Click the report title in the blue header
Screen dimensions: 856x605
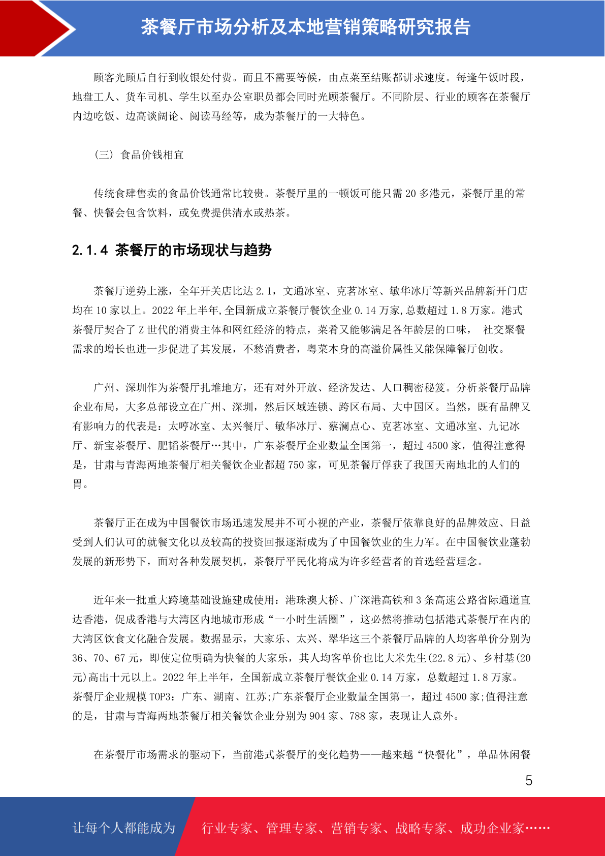coord(305,27)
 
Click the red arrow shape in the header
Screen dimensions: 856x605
coord(36,28)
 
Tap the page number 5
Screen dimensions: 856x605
coord(529,781)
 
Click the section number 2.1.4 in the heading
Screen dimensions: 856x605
coord(90,250)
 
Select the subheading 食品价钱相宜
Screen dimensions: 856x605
coord(152,155)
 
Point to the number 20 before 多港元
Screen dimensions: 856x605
coord(410,194)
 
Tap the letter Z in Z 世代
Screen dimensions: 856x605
coord(142,330)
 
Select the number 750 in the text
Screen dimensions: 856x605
coord(296,465)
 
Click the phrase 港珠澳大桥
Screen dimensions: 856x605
coord(312,600)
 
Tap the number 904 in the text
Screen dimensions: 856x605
coord(317,716)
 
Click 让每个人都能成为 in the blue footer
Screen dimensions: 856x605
coord(124,828)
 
